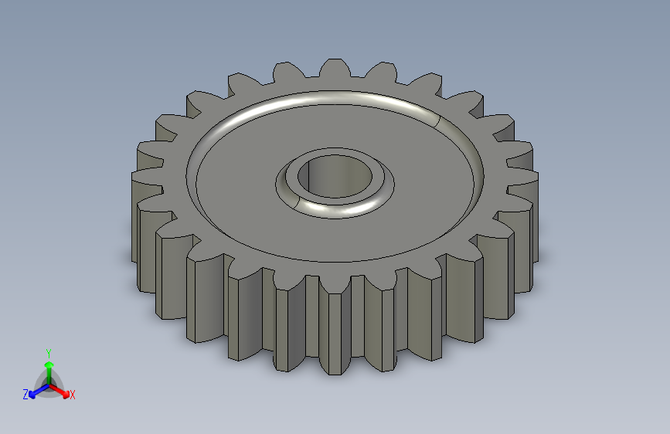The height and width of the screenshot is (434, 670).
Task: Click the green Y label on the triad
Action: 48,354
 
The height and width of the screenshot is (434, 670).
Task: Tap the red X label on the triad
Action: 72,395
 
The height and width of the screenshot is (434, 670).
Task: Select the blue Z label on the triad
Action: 26,395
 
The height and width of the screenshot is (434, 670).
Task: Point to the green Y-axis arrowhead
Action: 49,364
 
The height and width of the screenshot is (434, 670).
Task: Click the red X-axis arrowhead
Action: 66,393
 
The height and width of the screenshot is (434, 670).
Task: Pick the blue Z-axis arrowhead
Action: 32,395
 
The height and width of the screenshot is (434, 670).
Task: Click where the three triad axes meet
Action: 49,385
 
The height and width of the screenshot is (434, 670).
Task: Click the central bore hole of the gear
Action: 335,176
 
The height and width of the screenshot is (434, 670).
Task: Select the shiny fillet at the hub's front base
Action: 338,211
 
